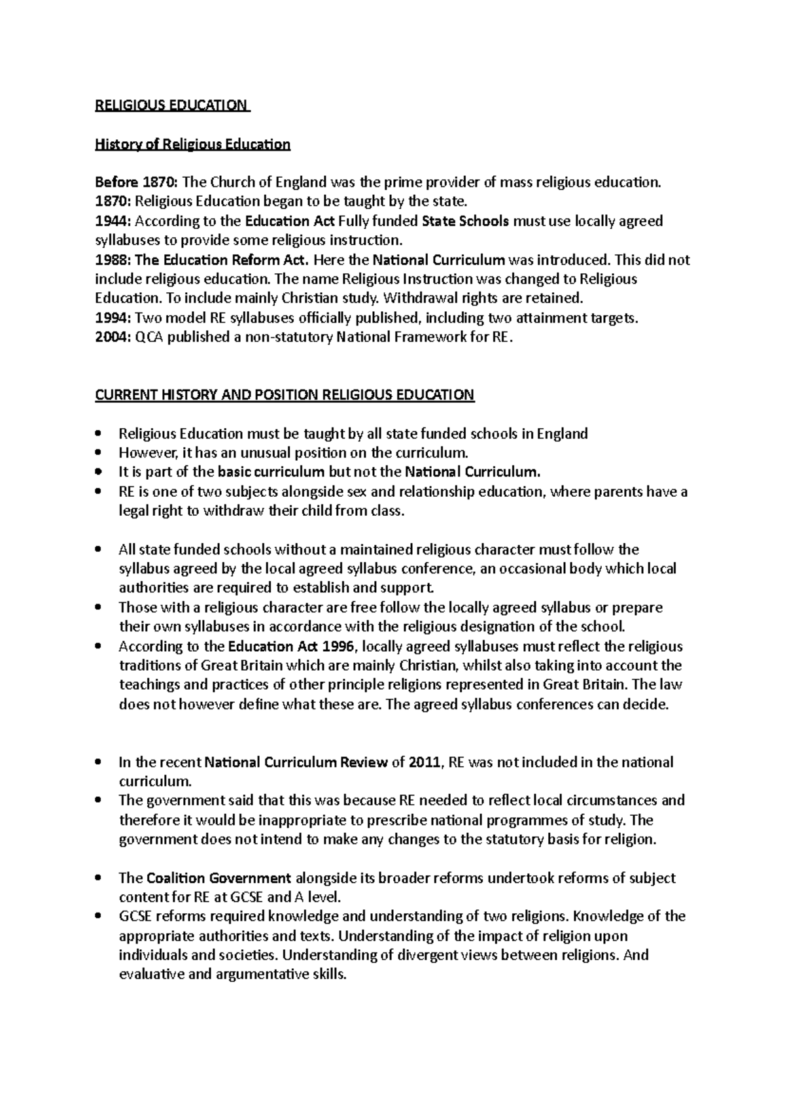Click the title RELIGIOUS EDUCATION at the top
point(172,106)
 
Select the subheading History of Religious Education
point(192,144)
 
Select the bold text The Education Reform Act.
point(221,260)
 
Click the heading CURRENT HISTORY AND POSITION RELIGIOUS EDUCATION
point(285,395)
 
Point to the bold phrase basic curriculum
point(271,472)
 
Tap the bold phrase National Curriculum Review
point(296,762)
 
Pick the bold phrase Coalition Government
point(219,878)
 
